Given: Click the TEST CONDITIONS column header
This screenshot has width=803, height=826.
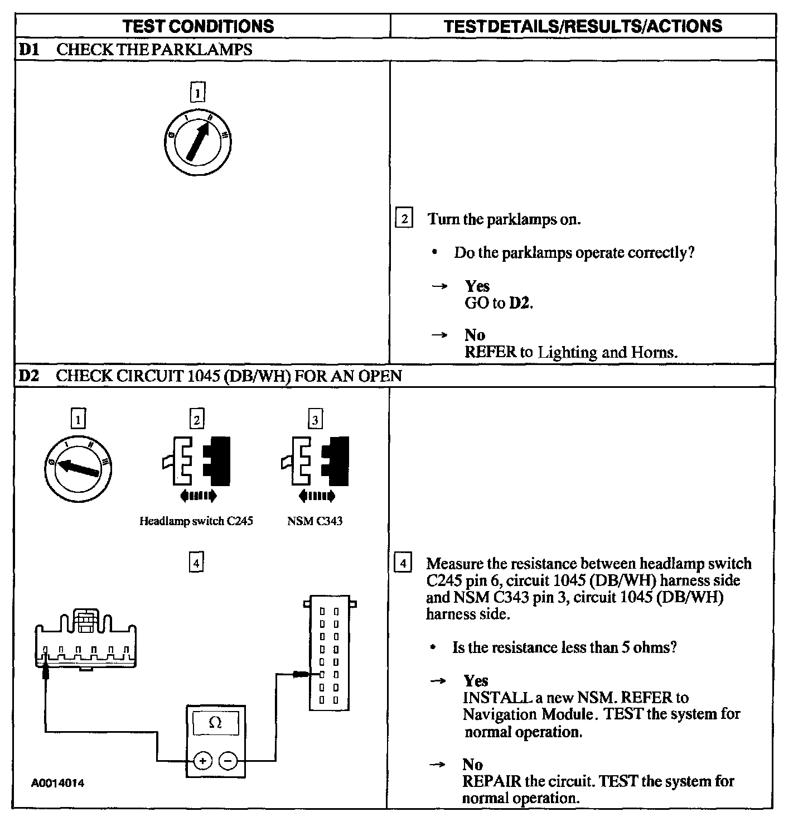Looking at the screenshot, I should coord(198,26).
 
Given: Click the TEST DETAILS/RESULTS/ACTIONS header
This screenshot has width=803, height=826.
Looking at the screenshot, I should coord(583,26).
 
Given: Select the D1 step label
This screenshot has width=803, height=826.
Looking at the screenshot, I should coord(28,50).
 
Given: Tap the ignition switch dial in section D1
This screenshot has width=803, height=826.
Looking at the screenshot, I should coord(197,141).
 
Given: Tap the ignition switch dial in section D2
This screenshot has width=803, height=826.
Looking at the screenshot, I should coord(78,467).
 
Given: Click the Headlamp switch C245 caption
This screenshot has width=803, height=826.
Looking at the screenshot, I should coord(196,521).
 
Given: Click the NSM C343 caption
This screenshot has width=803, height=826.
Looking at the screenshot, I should coord(315,521).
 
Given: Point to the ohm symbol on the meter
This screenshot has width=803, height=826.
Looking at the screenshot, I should coord(215,723).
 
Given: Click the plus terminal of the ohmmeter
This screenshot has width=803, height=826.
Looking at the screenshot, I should coord(202,760).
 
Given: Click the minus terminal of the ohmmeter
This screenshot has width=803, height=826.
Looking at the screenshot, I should coord(228,760).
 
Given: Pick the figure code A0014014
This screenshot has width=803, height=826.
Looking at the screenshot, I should coord(57,783).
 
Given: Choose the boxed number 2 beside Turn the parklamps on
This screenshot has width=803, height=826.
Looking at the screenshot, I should coord(404,218).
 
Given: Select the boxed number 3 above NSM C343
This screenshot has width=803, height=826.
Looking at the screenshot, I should coord(315,419).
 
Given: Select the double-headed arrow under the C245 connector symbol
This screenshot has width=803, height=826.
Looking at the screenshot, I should coord(198,495).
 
